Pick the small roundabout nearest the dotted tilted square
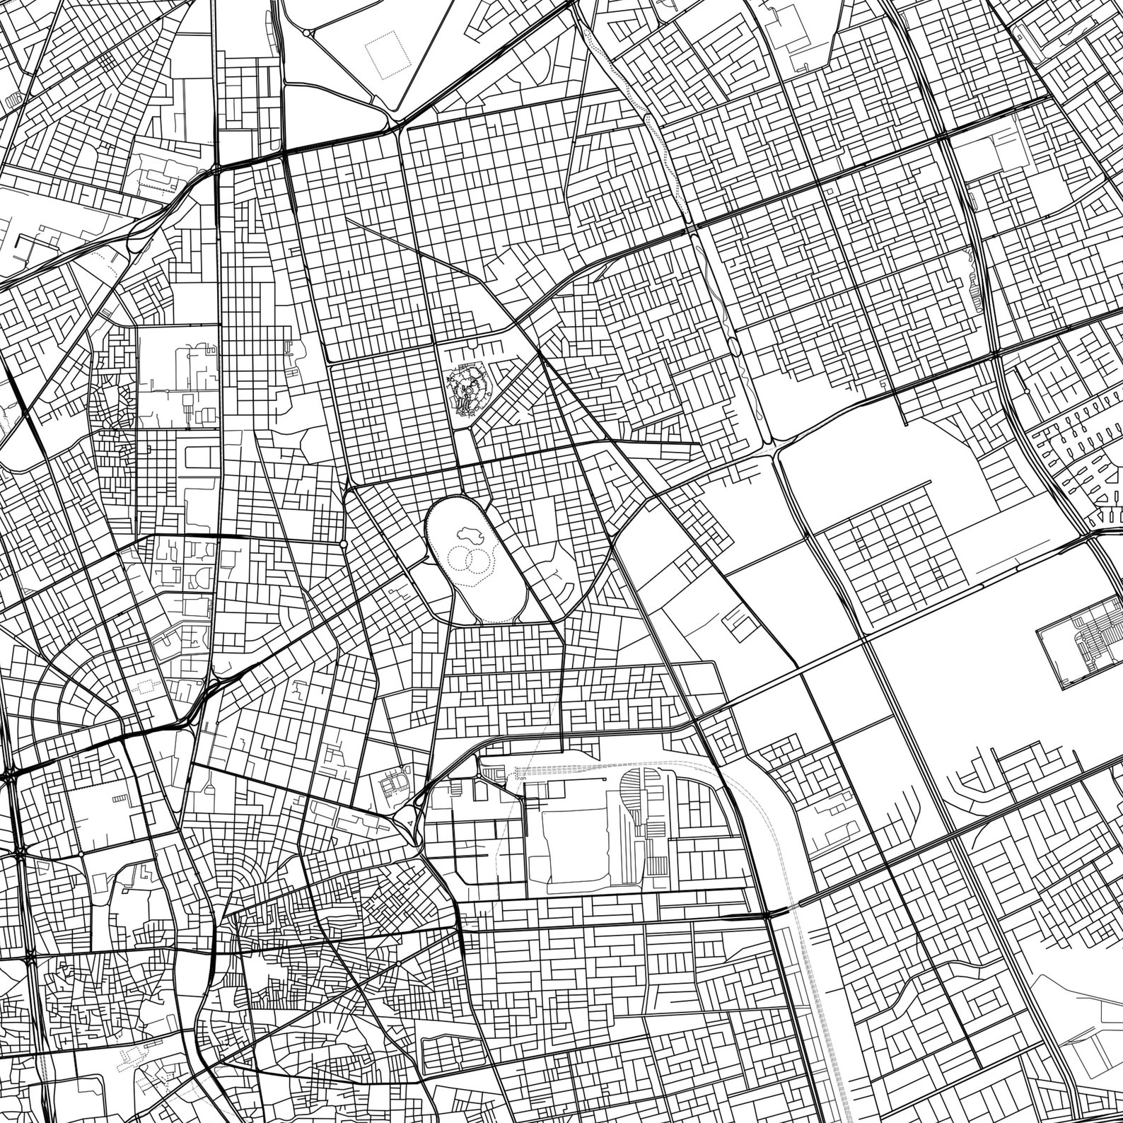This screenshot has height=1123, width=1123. tap(306, 33)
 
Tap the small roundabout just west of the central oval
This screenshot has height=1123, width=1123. tap(344, 543)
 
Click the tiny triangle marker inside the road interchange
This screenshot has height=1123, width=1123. tap(409, 822)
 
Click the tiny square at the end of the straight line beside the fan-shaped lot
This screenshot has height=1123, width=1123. tap(606, 779)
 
